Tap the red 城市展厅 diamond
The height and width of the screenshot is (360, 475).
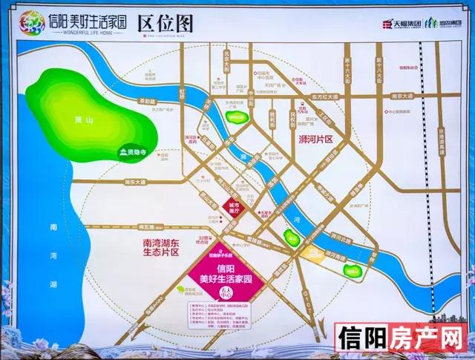[x=235, y=206]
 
